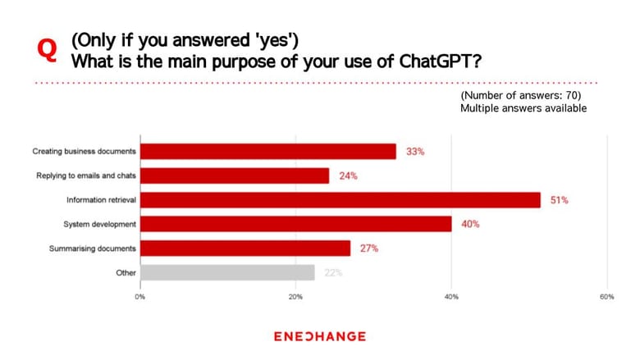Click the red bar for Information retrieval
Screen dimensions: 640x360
pos(341,200)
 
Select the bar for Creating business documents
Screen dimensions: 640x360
pos(268,152)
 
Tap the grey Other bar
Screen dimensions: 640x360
pos(227,273)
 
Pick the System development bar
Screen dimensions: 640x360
pos(296,224)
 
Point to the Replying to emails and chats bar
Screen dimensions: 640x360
pos(235,175)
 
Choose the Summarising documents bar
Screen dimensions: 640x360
pos(245,248)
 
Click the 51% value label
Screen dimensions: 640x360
pos(560,200)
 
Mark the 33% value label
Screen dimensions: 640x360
pos(415,152)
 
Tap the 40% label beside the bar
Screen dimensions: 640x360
pos(470,224)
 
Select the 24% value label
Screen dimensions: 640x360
pos(348,175)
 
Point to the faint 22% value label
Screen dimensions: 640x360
pos(333,273)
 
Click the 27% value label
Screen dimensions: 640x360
pos(369,248)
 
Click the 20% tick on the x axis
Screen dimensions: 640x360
pos(295,297)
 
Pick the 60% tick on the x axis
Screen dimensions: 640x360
pos(607,297)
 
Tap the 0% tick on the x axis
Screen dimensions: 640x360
pos(140,297)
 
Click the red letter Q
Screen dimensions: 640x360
pos(47,51)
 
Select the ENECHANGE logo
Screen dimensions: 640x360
pos(320,336)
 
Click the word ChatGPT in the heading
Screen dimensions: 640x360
pos(440,62)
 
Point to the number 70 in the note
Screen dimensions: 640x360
pos(571,95)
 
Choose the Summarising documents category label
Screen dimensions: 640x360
pos(92,248)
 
